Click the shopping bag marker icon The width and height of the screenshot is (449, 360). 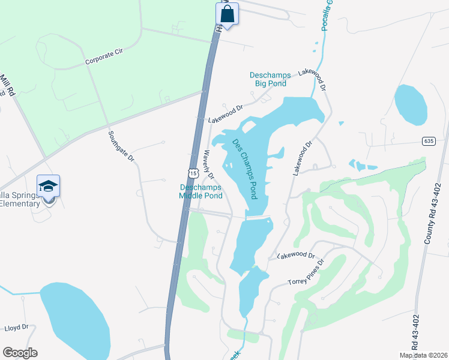tap(227, 14)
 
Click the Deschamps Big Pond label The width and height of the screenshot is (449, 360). tap(270, 79)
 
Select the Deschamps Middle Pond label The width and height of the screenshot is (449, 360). tap(201, 191)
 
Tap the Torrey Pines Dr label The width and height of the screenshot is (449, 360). tap(306, 273)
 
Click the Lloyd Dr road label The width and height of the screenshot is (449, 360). tap(16, 328)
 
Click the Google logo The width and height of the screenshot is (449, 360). tap(20, 353)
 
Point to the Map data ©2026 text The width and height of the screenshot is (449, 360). tap(423, 355)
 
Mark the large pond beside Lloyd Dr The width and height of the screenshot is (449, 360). tap(75, 322)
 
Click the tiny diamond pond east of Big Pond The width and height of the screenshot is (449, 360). tap(341, 124)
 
